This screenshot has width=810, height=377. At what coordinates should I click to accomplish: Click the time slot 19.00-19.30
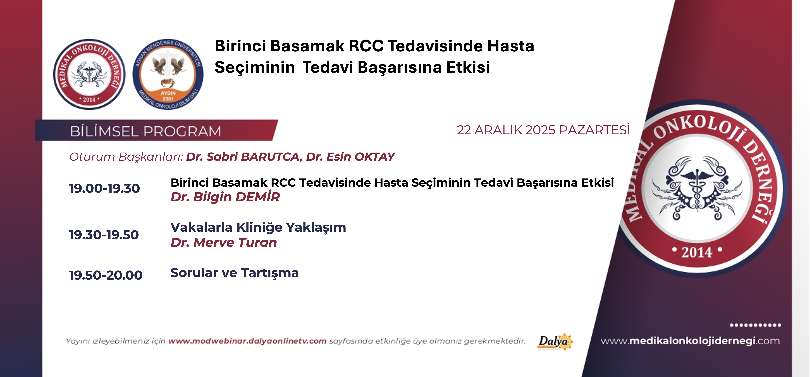click(104, 188)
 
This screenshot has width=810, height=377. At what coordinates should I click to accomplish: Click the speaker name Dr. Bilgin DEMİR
click(225, 197)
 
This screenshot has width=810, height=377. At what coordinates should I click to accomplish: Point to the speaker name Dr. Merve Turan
click(224, 243)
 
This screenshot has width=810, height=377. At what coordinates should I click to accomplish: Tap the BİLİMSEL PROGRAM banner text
click(146, 131)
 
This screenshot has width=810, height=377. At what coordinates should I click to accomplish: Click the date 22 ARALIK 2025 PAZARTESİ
click(543, 130)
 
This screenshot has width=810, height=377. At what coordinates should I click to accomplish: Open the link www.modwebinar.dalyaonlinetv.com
click(247, 341)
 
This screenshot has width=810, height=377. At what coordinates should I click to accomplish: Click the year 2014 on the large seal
click(696, 252)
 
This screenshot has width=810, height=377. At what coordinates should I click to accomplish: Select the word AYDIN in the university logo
click(168, 93)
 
